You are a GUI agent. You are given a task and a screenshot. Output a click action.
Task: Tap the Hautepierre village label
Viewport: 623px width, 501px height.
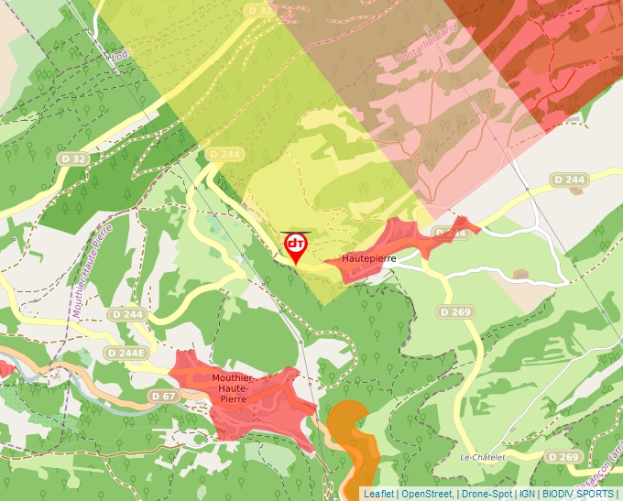(368, 259)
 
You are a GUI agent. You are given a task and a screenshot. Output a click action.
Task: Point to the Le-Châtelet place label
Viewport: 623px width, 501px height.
(483, 456)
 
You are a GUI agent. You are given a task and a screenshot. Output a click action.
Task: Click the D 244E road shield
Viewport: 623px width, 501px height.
(126, 353)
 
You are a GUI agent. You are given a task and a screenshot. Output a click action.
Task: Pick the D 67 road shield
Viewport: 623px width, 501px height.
(164, 396)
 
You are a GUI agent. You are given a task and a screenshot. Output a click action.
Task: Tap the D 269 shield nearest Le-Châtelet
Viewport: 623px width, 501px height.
(564, 456)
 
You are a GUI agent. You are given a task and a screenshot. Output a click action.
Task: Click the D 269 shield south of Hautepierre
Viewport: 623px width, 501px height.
(454, 312)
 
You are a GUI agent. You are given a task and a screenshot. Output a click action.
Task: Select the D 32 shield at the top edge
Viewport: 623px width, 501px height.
(260, 10)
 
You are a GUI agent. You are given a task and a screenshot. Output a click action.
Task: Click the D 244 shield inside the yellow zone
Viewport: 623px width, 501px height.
(224, 154)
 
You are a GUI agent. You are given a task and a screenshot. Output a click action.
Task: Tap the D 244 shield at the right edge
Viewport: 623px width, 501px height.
(568, 180)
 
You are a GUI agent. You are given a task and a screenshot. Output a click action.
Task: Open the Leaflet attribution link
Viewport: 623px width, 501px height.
(378, 494)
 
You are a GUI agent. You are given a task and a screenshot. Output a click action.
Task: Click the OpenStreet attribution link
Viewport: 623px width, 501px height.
(427, 494)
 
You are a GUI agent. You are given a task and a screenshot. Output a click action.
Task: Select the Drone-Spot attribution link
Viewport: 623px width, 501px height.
(486, 494)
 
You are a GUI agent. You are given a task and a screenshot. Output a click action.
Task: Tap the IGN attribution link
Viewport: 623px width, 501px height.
(527, 494)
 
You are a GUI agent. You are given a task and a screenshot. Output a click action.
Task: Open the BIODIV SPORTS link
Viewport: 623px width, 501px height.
(576, 494)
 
